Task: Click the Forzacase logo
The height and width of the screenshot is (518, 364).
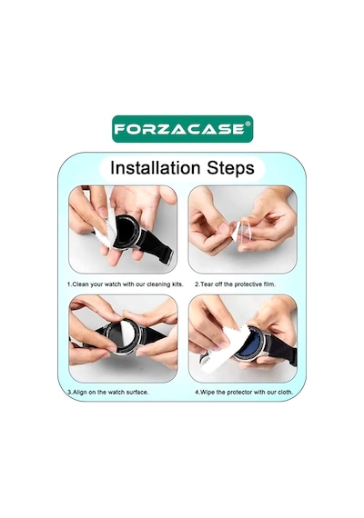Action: pos(182,129)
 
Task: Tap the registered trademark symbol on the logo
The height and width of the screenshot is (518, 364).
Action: pos(248,125)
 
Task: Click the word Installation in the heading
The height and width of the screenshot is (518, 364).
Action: pos(156,167)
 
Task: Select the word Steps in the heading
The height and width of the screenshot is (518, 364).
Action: pos(230,168)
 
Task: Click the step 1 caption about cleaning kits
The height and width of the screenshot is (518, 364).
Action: pos(126,284)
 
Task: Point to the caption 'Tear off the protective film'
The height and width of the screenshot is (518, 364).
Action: pos(235,284)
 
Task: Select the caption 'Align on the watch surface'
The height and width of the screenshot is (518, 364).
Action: pos(108,392)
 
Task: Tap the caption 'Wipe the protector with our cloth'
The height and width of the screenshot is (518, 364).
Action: pos(244,392)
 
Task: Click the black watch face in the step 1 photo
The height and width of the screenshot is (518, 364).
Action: pos(126,232)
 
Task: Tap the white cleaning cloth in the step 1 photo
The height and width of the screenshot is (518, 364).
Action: pos(106,229)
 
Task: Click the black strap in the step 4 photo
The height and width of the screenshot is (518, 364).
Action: pos(283,350)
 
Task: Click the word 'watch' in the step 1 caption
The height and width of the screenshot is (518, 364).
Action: pos(113,284)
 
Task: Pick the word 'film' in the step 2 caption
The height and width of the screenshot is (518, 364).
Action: pos(269,284)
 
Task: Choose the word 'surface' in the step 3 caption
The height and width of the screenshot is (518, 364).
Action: pos(137,392)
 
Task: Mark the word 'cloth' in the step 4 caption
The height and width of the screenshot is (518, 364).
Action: pos(286,392)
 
